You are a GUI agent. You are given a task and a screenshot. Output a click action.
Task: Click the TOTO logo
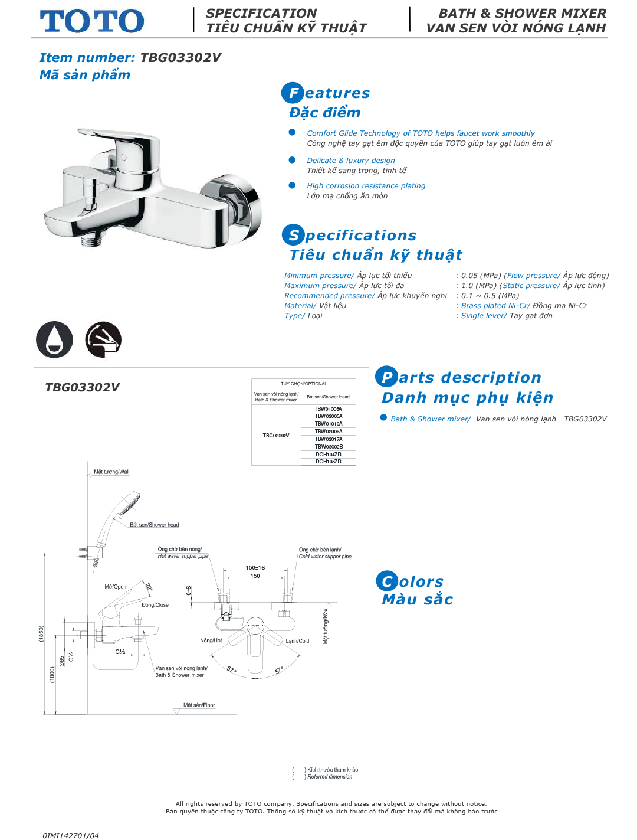coord(92,21)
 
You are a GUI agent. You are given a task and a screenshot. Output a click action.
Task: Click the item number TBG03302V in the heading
coord(180,58)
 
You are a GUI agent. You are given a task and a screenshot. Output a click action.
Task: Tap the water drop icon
coord(54,339)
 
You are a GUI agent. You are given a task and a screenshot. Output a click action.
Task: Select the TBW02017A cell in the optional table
coord(329,439)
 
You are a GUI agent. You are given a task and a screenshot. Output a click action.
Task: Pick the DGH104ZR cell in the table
coord(329,455)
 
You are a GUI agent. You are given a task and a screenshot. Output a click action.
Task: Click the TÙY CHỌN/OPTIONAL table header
coord(304,384)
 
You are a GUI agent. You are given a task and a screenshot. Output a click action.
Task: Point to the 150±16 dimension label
coord(255,568)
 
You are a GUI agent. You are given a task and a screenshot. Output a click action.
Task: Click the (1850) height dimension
coord(41,633)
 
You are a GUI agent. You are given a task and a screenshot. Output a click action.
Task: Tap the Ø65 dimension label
coord(62,661)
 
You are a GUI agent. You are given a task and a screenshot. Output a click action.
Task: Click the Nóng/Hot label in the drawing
coord(211,640)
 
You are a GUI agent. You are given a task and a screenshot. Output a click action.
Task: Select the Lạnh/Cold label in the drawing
coord(298,641)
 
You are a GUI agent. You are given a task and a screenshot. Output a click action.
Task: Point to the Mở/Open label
coord(116,587)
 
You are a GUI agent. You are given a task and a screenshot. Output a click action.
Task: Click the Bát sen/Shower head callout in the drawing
coord(155,525)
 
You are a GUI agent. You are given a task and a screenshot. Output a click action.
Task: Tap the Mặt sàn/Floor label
coord(199,705)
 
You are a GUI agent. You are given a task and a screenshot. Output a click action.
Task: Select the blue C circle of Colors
coord(387,581)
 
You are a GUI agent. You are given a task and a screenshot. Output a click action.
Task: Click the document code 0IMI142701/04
coord(71,835)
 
